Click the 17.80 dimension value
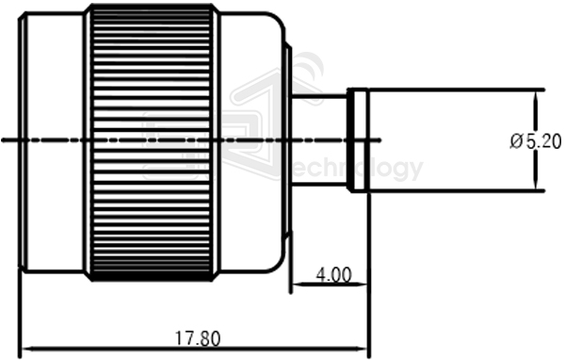(197, 336)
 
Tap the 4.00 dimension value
(333, 275)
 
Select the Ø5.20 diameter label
(535, 141)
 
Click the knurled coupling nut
(152, 141)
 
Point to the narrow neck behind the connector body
(319, 141)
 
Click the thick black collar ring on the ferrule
(358, 141)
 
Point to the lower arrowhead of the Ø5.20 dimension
(540, 185)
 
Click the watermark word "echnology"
(358, 171)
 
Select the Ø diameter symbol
(515, 141)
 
